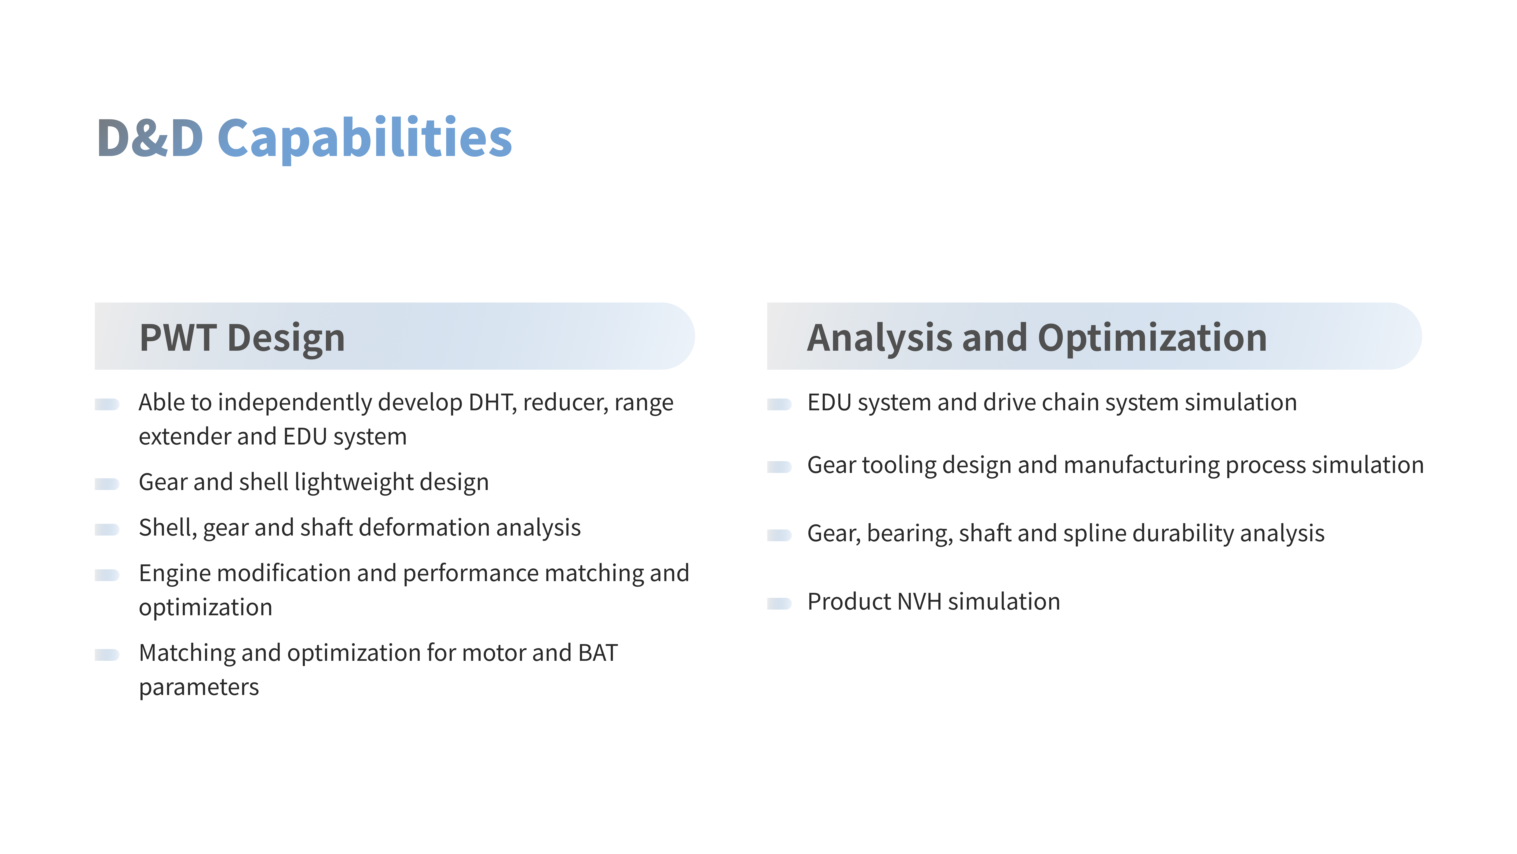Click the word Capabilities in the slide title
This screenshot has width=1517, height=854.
[364, 139]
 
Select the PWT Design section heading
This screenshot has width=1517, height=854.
[242, 338]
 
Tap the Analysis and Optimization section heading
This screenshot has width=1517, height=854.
[1036, 338]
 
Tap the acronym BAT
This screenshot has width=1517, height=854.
[598, 653]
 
